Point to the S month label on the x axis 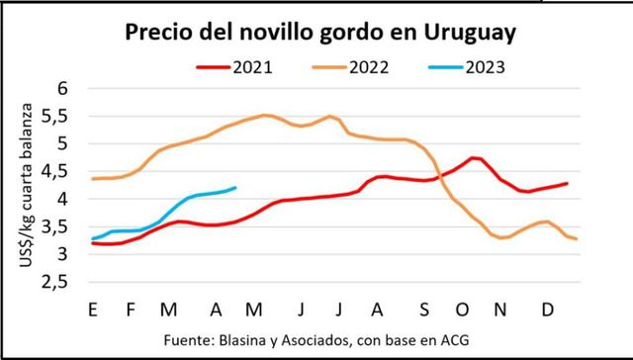click(424, 310)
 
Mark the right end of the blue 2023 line click(234, 188)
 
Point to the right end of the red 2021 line click(567, 183)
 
